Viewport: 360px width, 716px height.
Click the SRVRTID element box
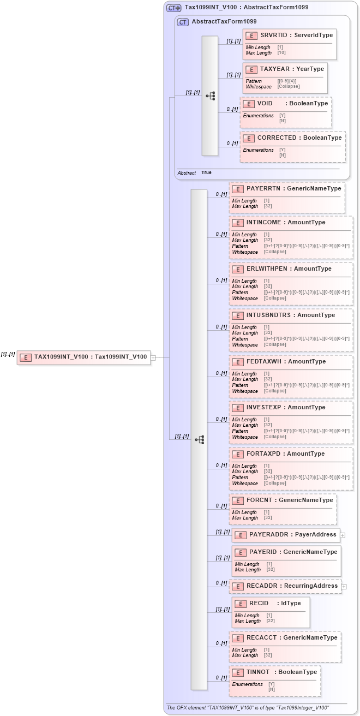click(289, 44)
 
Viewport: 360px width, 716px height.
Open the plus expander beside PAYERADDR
click(343, 535)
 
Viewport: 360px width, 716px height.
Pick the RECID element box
click(271, 612)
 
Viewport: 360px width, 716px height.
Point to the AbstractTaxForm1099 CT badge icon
click(183, 22)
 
